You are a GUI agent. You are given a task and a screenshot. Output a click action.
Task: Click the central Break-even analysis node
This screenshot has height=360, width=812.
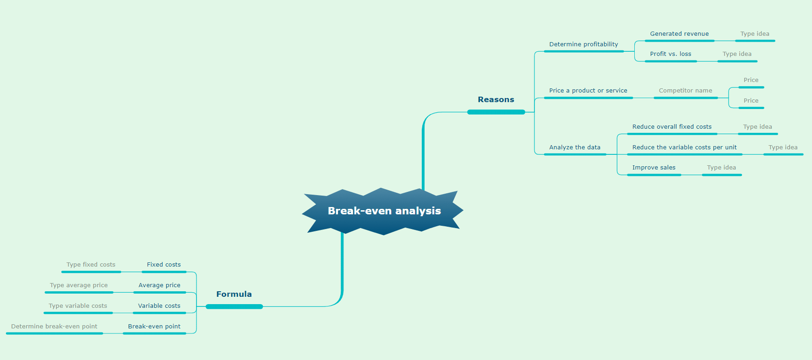pos(383,211)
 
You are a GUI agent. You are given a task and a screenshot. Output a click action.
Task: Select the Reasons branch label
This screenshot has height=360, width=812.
pos(496,99)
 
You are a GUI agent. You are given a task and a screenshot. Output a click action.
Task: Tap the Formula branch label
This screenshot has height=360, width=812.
pos(234,294)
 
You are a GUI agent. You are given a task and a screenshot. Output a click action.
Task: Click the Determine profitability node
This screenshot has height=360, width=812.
pos(583,44)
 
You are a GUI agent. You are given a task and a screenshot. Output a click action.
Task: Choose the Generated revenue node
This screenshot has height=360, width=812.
pos(679,34)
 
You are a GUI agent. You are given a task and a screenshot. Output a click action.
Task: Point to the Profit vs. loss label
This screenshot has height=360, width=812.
pos(670,54)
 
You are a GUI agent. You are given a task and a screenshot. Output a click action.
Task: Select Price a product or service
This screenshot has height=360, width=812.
pos(588,91)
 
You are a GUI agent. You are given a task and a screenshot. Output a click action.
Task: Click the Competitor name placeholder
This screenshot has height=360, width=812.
pos(685,91)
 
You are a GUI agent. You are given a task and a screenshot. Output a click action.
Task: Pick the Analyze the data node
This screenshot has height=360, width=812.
pos(575,147)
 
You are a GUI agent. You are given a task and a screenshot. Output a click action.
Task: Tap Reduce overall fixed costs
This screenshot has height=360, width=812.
pos(672,127)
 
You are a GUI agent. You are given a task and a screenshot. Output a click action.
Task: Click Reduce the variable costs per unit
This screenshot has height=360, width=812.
pos(684,147)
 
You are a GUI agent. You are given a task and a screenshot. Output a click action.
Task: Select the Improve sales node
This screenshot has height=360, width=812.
pos(654,168)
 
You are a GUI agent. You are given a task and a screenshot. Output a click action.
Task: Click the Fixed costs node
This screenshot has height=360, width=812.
pos(163,265)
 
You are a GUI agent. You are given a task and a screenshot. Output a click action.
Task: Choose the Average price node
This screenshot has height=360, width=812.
pos(159,285)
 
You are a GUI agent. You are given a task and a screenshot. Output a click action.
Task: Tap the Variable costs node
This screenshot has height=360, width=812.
pos(159,306)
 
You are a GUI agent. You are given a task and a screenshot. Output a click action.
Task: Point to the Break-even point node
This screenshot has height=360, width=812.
pos(154,327)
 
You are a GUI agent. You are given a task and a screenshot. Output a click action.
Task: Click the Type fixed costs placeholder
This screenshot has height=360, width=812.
pos(91,265)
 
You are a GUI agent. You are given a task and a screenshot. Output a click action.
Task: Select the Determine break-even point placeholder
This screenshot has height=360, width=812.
pos(54,327)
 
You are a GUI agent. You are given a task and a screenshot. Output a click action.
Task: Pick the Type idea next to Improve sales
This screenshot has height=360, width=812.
pos(721,168)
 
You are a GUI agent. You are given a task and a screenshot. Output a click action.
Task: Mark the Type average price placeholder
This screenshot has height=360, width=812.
pos(79,285)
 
